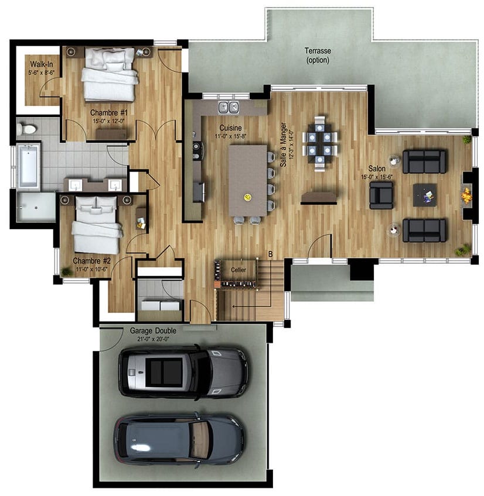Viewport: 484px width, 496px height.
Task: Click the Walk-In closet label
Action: pos(42,64)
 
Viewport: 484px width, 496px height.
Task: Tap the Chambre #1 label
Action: pos(109,113)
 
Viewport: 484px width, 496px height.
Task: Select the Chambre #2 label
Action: pos(91,261)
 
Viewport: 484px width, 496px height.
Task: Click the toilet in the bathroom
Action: pos(26,129)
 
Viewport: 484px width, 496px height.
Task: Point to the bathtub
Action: pos(29,165)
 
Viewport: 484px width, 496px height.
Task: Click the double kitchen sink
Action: pos(229,107)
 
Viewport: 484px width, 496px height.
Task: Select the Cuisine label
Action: pos(230,128)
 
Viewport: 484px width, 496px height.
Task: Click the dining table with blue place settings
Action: pos(319,144)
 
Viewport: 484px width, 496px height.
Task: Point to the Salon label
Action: pos(377,168)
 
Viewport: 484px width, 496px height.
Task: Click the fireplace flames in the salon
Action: pos(466,195)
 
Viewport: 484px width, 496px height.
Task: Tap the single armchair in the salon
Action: pos(381,195)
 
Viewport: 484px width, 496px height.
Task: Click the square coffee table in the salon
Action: pos(425,195)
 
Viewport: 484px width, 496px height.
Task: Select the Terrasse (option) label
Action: pos(318,56)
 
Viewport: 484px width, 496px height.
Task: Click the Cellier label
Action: pos(238,270)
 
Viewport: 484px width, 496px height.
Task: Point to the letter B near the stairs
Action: pos(270,254)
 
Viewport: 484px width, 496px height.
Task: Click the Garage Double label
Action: pos(153,330)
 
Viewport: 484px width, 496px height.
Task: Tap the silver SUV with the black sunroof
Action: pos(183,372)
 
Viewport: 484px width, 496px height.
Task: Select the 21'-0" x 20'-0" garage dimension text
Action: pos(153,339)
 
